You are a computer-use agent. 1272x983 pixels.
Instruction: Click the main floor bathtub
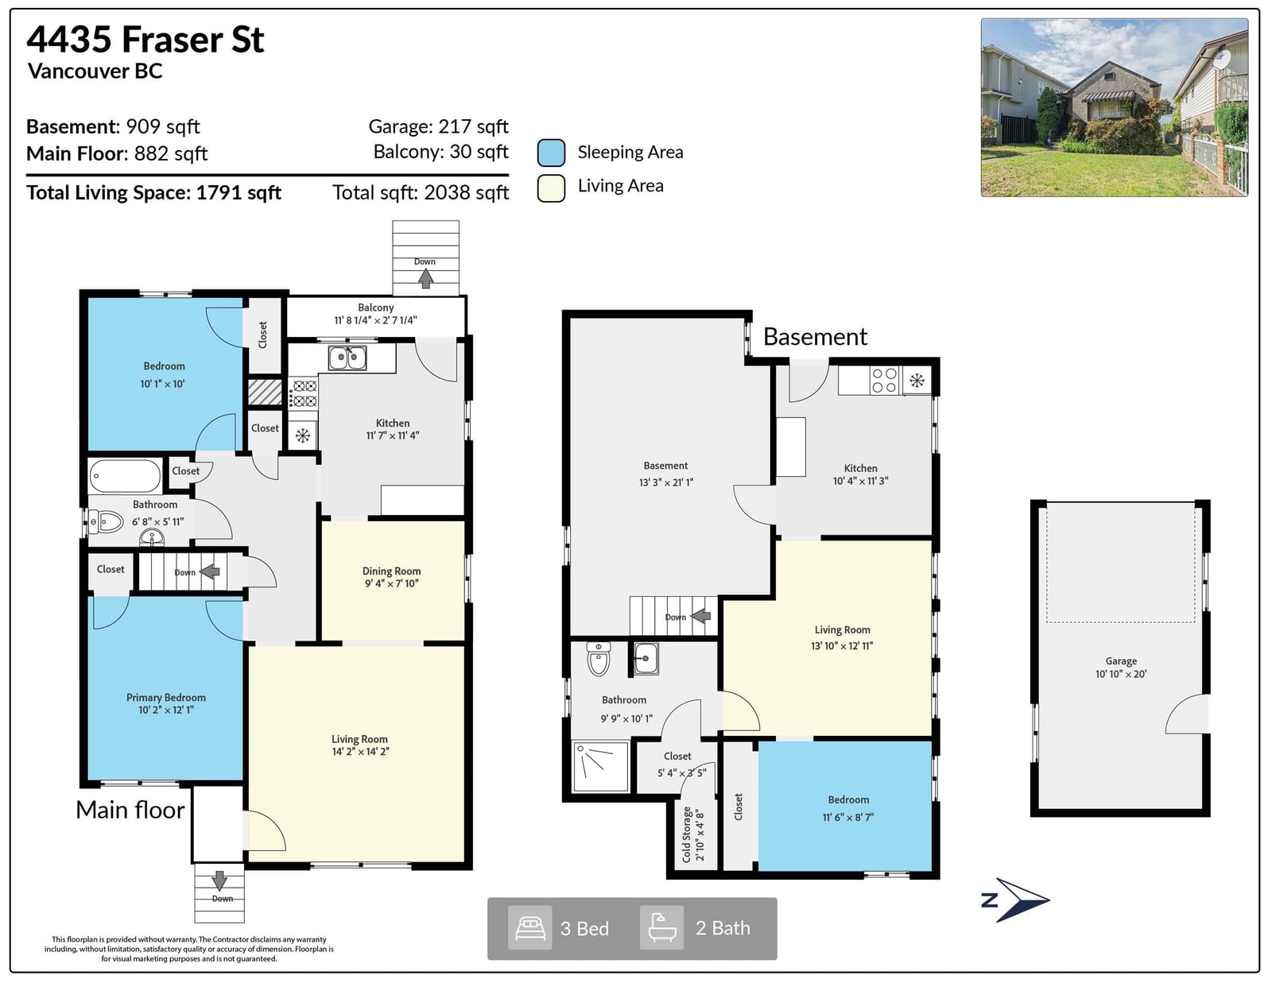click(126, 476)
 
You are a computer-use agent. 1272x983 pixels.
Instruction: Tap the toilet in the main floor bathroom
click(106, 521)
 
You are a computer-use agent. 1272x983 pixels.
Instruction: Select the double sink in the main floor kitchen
click(347, 358)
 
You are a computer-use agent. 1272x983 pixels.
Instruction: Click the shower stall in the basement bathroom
click(600, 767)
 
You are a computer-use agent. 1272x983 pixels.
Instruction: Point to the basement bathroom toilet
click(599, 658)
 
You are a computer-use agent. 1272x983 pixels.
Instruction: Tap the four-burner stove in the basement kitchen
click(885, 381)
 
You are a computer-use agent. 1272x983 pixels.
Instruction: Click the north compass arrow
click(1022, 900)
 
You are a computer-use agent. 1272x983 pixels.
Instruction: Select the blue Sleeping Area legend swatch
click(551, 153)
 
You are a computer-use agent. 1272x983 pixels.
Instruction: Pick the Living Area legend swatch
click(551, 188)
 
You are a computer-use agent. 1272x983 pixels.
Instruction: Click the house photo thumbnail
click(1115, 107)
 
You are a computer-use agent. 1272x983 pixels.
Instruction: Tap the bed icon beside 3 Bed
click(529, 928)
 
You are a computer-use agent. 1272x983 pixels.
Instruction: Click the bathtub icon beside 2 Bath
click(661, 927)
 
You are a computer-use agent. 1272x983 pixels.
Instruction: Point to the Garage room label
click(1120, 660)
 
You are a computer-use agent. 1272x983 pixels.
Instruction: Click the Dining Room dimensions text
click(392, 583)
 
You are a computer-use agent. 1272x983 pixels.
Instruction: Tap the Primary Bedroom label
click(165, 698)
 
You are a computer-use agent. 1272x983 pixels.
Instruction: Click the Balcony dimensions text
click(375, 320)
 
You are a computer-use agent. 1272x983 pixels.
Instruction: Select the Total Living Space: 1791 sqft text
click(154, 193)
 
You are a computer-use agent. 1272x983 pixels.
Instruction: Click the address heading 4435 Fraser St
click(145, 40)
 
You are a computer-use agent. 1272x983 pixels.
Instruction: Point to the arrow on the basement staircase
click(700, 616)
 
